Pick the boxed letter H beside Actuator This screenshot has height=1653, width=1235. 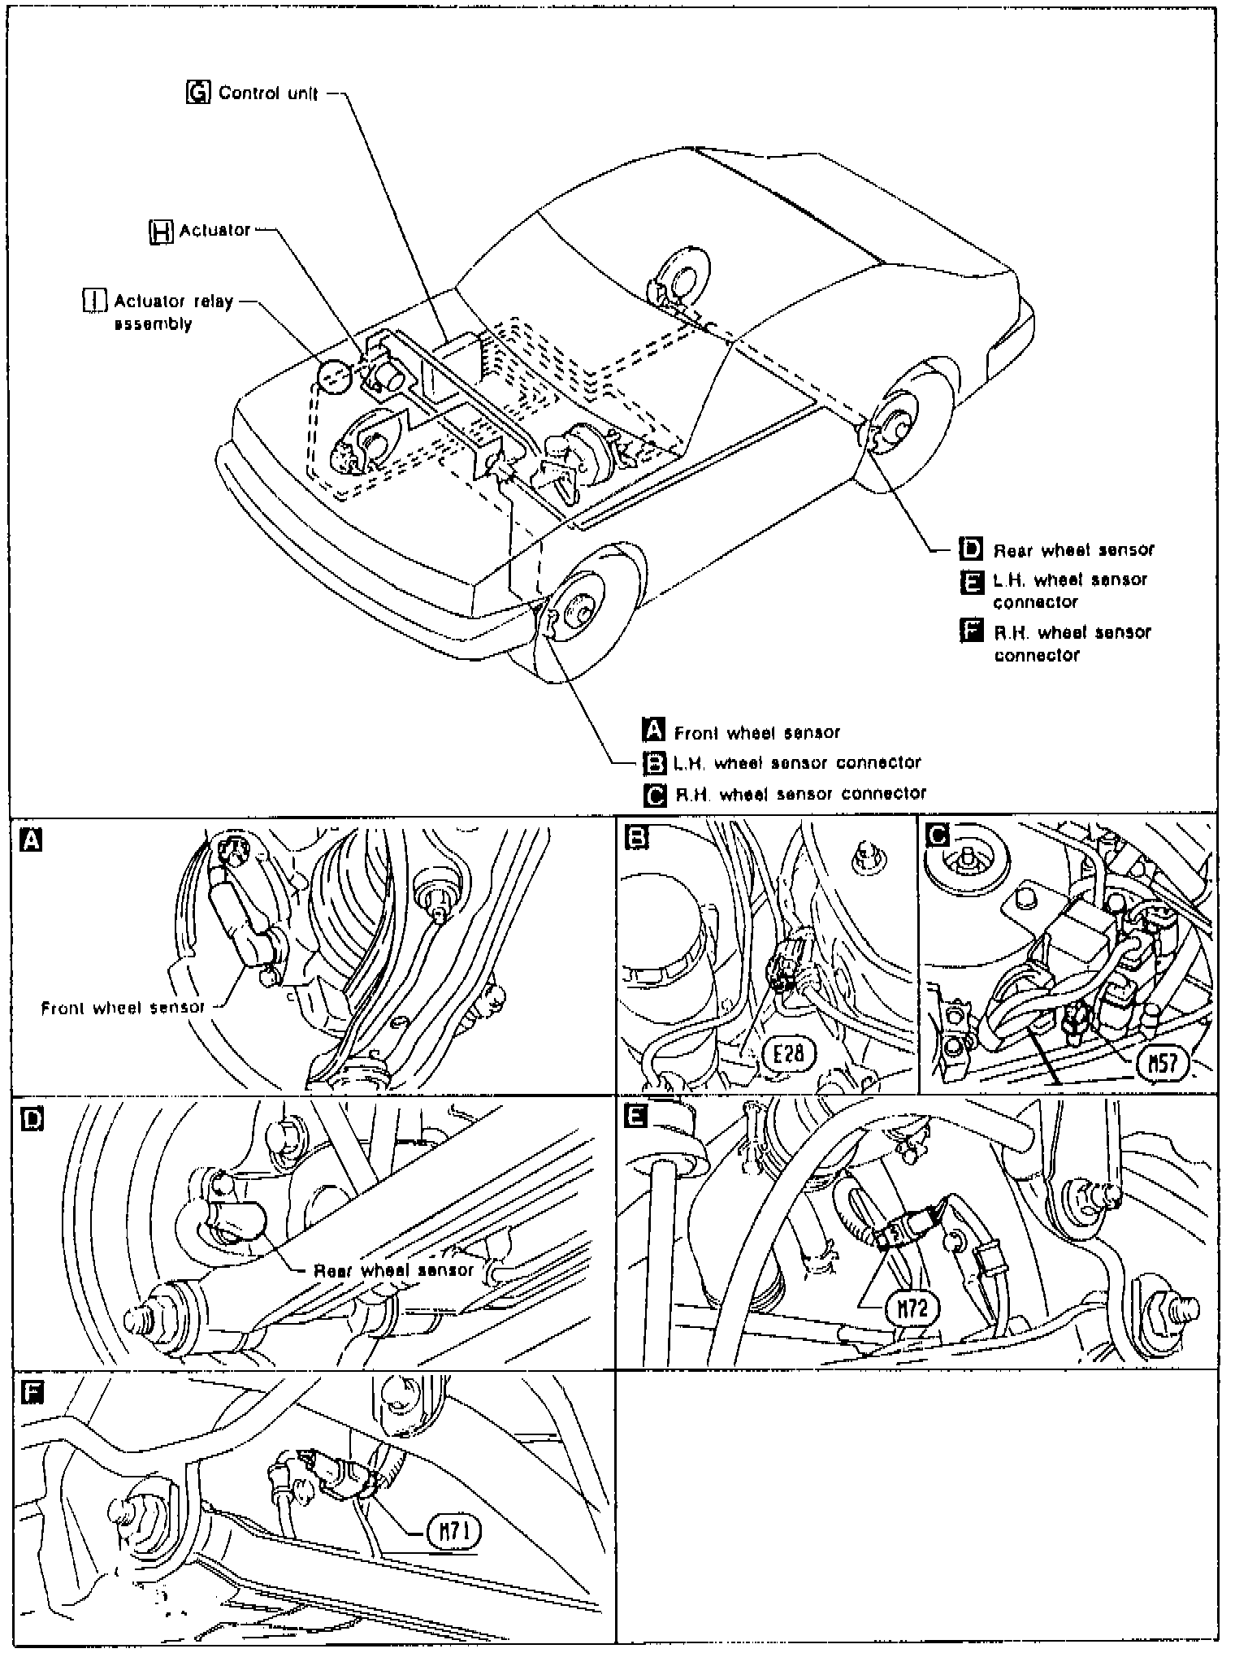tap(162, 232)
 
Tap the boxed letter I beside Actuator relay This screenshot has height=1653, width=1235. tap(95, 302)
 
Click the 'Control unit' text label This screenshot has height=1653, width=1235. tap(268, 93)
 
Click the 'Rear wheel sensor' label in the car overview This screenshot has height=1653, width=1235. tap(1072, 550)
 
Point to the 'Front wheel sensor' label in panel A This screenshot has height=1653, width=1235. tap(123, 1008)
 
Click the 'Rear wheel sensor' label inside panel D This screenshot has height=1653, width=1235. tap(393, 1269)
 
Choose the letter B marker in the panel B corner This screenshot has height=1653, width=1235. tap(637, 837)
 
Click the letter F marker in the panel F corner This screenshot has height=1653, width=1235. tap(32, 1393)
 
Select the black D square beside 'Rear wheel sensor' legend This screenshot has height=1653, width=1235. tap(971, 549)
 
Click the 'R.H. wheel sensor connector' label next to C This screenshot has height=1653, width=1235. tap(800, 793)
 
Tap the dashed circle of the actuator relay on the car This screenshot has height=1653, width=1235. tap(334, 376)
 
